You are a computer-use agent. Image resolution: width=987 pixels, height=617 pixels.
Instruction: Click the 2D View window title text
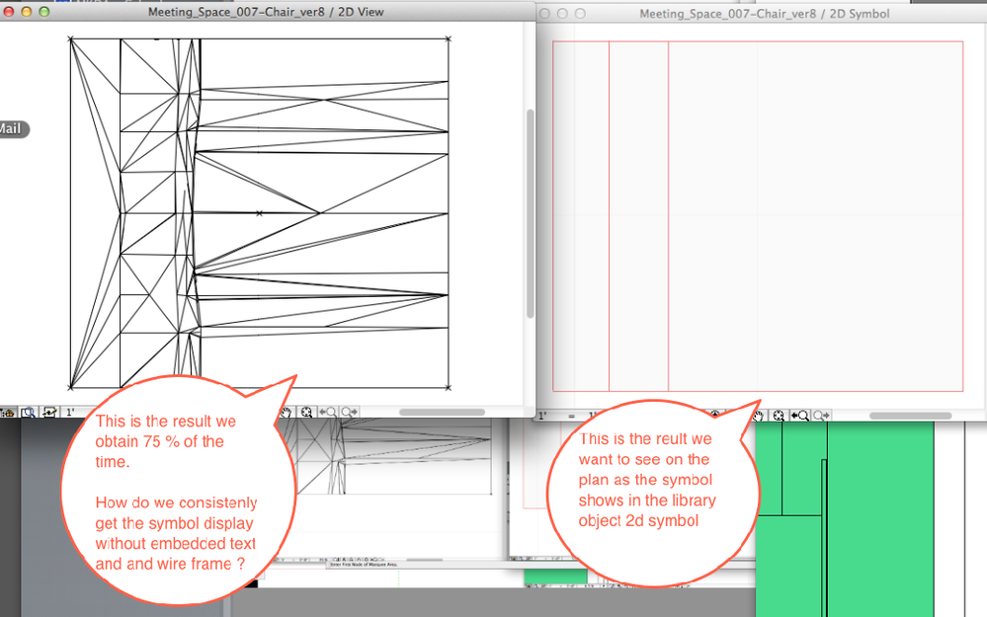(266, 13)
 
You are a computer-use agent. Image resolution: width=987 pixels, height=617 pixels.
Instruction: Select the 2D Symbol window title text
(764, 14)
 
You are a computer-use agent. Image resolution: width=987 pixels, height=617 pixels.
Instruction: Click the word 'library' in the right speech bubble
(694, 501)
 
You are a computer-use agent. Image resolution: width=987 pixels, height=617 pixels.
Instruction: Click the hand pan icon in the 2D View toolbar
(287, 413)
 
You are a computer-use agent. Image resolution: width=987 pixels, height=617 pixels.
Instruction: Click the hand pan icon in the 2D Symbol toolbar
(759, 417)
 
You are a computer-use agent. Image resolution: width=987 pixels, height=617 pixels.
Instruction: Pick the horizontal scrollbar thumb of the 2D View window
(441, 413)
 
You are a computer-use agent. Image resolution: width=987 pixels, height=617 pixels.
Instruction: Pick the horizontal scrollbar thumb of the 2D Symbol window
(910, 416)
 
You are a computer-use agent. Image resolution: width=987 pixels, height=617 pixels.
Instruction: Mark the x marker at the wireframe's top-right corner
(449, 39)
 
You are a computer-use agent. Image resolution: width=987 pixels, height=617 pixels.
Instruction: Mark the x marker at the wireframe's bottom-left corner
(71, 387)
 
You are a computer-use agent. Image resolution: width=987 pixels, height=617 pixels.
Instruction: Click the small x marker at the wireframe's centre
(259, 213)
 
